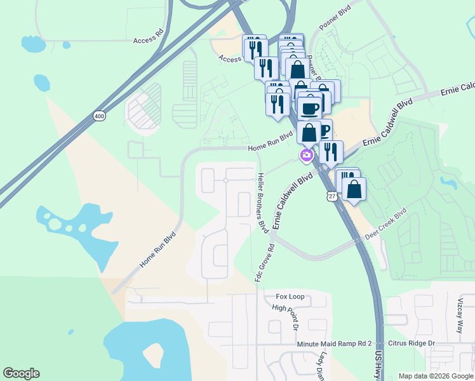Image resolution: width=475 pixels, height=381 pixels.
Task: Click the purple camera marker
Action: (x=307, y=155)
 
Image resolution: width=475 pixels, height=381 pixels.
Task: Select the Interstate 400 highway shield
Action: (x=99, y=116)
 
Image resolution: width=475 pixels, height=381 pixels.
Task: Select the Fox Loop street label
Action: (x=290, y=297)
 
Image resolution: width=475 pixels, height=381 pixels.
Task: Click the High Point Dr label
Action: (x=293, y=317)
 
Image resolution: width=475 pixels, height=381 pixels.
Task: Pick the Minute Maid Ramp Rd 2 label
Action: (x=333, y=344)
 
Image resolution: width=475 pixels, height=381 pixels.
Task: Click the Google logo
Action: (x=21, y=373)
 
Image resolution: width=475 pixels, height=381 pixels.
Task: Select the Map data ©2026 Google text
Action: (x=436, y=376)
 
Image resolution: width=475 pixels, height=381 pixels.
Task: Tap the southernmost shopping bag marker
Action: (x=354, y=189)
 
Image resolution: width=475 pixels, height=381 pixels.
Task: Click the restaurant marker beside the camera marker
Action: (x=330, y=152)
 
